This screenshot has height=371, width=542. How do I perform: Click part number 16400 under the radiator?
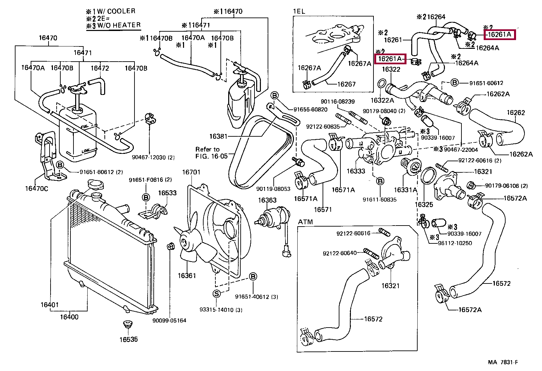pos(69,317)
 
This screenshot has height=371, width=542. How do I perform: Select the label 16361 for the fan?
pos(187,276)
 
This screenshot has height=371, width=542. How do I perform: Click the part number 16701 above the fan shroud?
pos(191,172)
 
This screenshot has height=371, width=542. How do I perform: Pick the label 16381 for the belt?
pos(218,136)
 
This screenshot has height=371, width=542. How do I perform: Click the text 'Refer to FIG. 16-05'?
pos(211,153)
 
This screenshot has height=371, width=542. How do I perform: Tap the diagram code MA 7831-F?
pos(503,362)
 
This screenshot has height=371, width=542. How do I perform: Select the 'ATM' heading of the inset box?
pos(305,222)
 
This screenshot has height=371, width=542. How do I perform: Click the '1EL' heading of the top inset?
pos(299,11)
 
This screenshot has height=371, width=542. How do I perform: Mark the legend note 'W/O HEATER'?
pos(119,25)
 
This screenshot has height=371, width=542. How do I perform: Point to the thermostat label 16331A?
pos(405,190)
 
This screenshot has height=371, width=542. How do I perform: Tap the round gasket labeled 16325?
pos(429,175)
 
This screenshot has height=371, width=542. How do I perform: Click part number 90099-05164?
pos(169,321)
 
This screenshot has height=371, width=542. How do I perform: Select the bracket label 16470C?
pos(36,189)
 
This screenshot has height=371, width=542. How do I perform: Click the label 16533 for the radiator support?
pos(168,193)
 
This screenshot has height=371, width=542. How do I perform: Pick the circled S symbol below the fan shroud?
pos(217,294)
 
